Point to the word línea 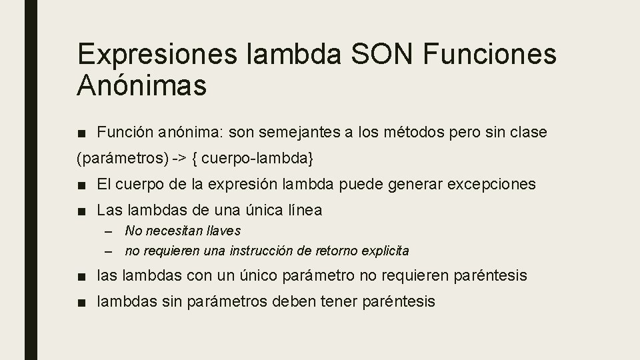point(304,210)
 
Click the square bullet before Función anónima point(81,133)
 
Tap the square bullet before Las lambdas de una point(81,211)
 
